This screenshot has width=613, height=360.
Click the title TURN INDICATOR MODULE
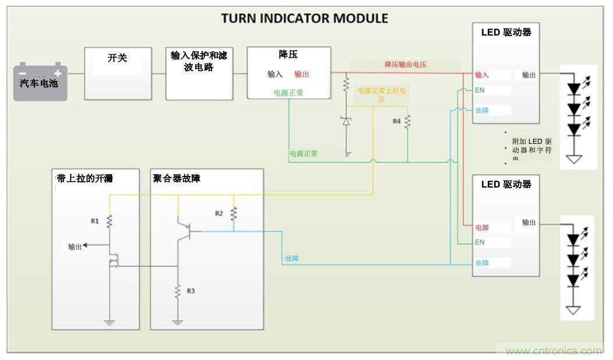coord(304,18)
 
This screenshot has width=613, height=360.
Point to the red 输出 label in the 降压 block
coord(302,74)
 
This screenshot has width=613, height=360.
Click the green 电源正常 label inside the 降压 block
coord(288,93)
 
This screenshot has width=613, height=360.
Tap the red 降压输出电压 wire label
coord(405,65)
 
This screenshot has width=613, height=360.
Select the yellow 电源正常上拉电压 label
coord(382,95)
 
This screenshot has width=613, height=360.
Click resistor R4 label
coord(396,121)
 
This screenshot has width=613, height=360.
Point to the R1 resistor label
coord(94,221)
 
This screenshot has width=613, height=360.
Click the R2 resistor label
coord(219,213)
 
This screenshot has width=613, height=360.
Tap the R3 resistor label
coord(191,291)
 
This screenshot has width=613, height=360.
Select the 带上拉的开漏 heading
coord(82,178)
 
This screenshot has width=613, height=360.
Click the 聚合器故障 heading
coord(177,178)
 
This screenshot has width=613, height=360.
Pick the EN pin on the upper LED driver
coord(480,90)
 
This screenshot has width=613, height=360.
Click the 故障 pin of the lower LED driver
coord(482,263)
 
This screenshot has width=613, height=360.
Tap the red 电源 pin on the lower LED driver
coord(482,228)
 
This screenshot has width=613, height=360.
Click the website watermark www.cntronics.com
coord(553,351)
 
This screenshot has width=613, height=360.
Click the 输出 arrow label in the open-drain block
coord(75,247)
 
